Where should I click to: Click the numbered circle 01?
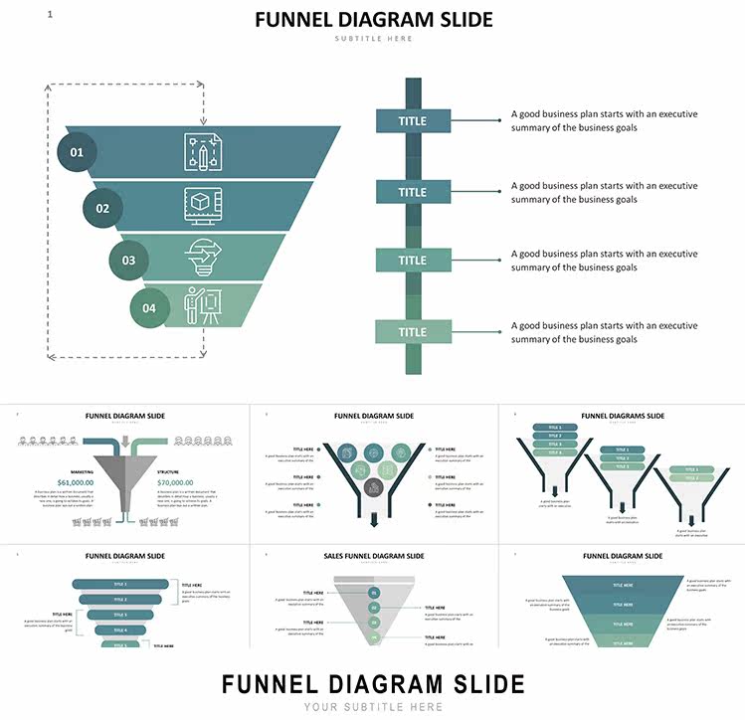pyautogui.click(x=77, y=153)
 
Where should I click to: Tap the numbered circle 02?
pyautogui.click(x=102, y=209)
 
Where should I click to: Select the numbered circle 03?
pyautogui.click(x=128, y=261)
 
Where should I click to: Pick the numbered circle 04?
pyautogui.click(x=149, y=308)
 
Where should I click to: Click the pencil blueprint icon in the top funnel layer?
pyautogui.click(x=204, y=152)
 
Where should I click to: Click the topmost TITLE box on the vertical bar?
pyautogui.click(x=413, y=121)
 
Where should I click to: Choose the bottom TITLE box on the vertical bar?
pyautogui.click(x=413, y=332)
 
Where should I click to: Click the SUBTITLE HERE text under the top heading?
pyautogui.click(x=373, y=39)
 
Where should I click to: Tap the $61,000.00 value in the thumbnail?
pyautogui.click(x=75, y=482)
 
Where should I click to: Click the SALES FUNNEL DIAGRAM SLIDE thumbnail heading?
pyautogui.click(x=373, y=556)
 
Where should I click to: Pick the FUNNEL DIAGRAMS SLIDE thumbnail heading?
pyautogui.click(x=622, y=416)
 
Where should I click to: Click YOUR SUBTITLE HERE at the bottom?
pyautogui.click(x=373, y=707)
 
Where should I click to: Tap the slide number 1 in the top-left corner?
pyautogui.click(x=50, y=14)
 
